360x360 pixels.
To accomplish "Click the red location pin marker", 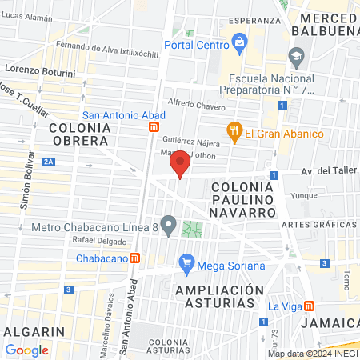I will point(180,166).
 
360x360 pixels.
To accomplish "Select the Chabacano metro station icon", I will point(136,258).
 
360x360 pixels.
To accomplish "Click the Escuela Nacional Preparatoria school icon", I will point(297,56).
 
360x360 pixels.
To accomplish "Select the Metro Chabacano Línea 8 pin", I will point(168,226).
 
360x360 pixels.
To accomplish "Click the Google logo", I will point(26,350).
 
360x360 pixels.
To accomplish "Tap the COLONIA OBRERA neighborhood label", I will point(78,134).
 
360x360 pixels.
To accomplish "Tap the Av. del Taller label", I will point(318,176).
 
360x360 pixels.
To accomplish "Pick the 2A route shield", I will point(50,162).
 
